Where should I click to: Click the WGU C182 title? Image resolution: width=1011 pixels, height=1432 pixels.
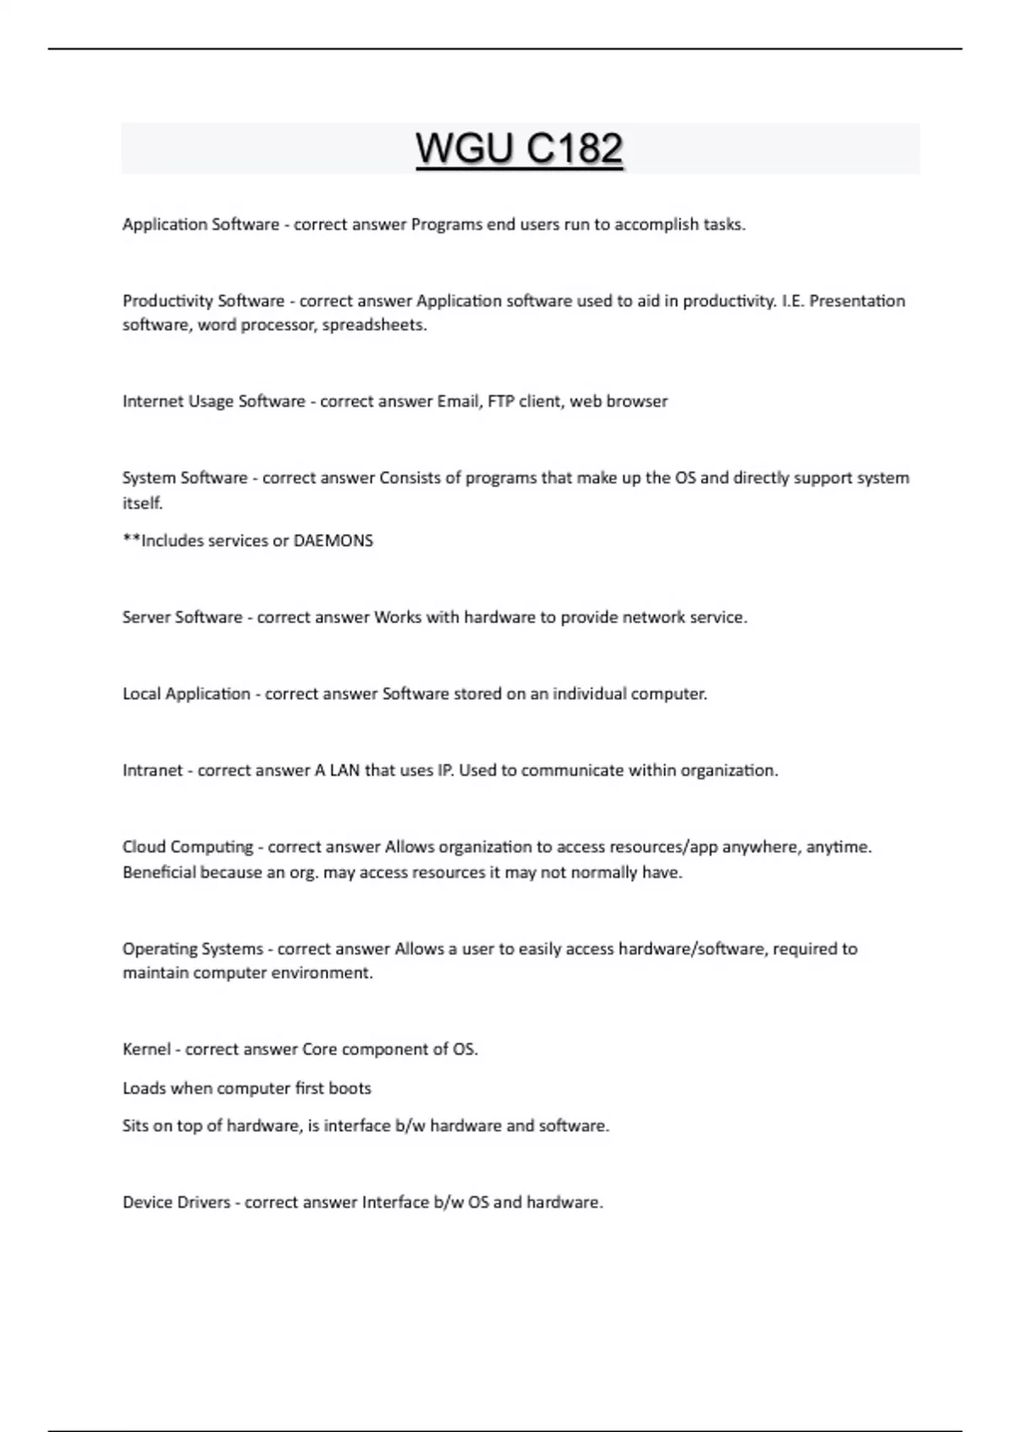[519, 149]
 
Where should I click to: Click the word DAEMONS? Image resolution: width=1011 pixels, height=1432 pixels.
[333, 541]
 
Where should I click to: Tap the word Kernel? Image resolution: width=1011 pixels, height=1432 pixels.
[146, 1050]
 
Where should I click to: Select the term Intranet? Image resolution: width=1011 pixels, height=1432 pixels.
[152, 771]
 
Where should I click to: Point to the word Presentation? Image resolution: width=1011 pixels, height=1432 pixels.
[857, 301]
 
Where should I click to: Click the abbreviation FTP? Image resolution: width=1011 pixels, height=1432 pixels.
[500, 401]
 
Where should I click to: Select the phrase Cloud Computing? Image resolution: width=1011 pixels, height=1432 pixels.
[188, 847]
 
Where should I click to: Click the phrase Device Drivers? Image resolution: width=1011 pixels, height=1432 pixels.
[176, 1202]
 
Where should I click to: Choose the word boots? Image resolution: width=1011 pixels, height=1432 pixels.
[350, 1088]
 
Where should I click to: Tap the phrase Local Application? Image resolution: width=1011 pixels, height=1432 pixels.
[186, 694]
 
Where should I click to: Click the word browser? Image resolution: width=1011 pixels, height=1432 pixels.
[637, 401]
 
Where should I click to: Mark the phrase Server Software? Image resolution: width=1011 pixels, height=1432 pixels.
[182, 617]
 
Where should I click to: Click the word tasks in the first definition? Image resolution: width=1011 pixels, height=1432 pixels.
[724, 225]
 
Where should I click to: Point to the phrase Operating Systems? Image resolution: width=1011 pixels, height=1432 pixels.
[193, 949]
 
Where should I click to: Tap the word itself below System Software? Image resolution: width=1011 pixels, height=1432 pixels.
[142, 503]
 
